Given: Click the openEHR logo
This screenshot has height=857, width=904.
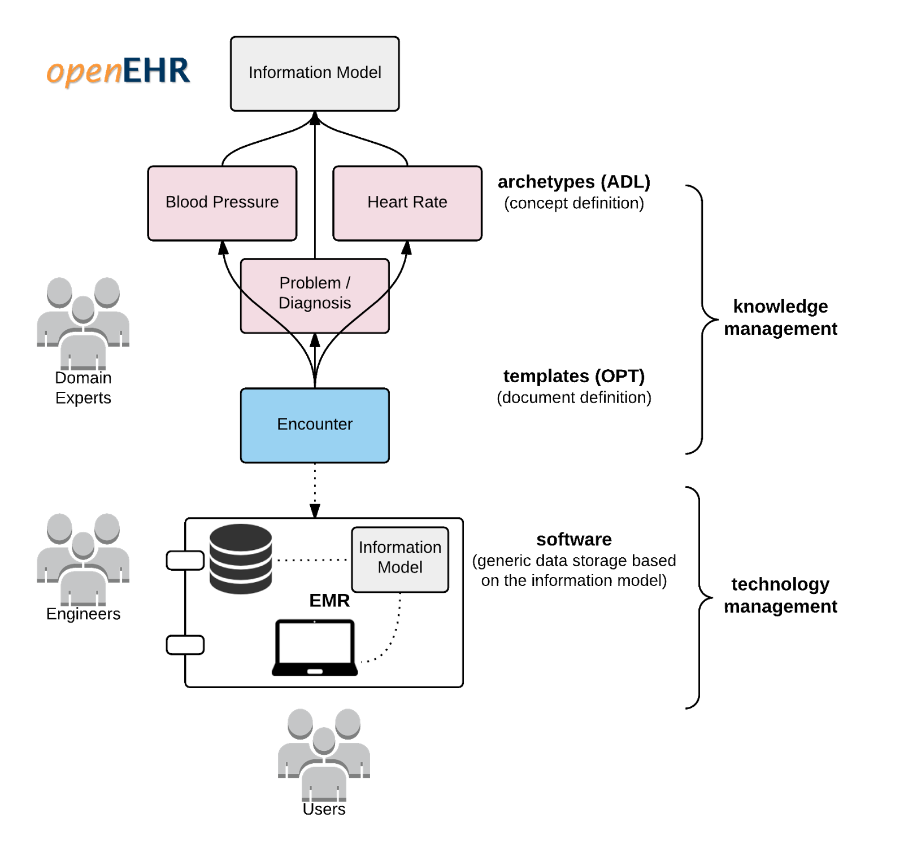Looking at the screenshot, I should (118, 71).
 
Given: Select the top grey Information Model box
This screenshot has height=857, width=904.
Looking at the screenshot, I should (315, 73).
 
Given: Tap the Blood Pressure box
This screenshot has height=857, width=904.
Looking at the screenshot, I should (222, 203).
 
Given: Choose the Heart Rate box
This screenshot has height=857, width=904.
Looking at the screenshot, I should (407, 203).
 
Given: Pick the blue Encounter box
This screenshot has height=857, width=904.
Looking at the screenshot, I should (315, 425).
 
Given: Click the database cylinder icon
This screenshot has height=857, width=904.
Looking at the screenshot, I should (241, 558).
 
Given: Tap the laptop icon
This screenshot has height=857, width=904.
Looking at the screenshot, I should (315, 647).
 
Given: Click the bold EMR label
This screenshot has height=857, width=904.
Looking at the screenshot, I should (329, 601).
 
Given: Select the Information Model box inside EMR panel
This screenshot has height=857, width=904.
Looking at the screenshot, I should (400, 559).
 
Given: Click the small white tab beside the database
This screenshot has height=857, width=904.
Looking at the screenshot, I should (185, 560).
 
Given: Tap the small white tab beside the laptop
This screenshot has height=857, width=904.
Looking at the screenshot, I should (185, 645).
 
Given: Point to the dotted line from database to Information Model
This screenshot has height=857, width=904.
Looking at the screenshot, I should (312, 560).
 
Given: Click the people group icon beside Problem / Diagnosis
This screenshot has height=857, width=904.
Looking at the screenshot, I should (84, 323).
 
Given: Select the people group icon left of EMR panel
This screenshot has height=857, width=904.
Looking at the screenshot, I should (84, 559).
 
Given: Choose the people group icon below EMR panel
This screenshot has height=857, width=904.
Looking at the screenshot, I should (324, 754).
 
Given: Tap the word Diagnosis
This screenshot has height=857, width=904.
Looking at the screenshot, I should (315, 303).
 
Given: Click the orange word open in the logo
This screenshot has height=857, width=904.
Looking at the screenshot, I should (84, 72).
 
